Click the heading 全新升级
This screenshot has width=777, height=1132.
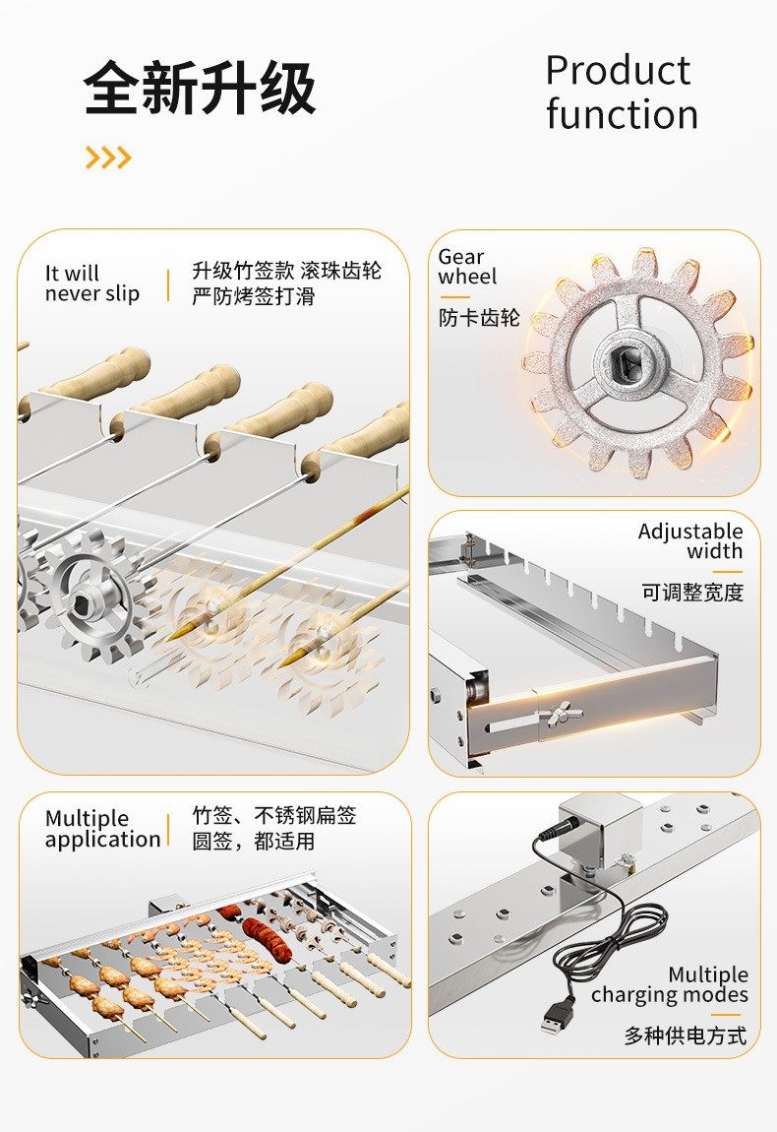click(x=200, y=90)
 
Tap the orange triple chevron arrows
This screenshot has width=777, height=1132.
click(x=108, y=157)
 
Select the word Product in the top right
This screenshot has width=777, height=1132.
click(x=618, y=71)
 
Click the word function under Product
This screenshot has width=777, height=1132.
click(x=622, y=114)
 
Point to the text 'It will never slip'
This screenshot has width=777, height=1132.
click(x=91, y=283)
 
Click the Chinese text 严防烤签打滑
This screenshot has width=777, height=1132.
click(x=253, y=295)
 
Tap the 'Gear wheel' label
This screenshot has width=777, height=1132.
click(x=467, y=267)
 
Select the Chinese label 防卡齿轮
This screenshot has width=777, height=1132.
click(x=479, y=318)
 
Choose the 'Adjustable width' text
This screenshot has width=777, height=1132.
click(x=690, y=541)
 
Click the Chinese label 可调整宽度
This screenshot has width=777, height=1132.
click(x=692, y=593)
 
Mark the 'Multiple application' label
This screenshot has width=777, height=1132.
click(x=102, y=829)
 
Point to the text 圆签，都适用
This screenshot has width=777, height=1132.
click(x=253, y=841)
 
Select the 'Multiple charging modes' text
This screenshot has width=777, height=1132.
click(x=669, y=984)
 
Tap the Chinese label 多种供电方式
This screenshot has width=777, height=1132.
click(x=685, y=1036)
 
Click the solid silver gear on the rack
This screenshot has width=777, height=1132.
click(x=95, y=596)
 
